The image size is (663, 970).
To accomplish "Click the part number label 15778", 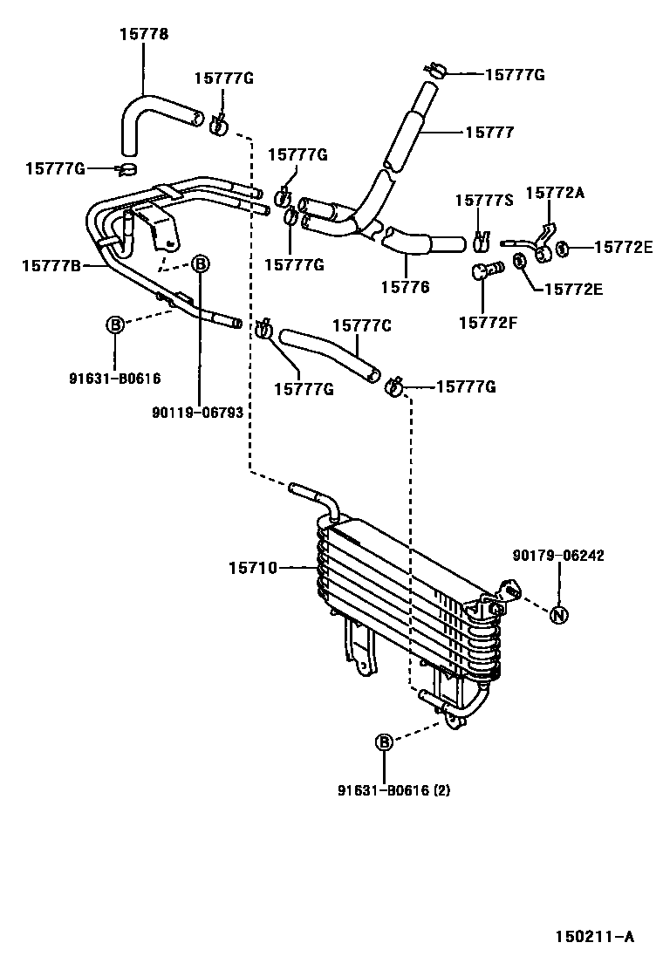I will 144,34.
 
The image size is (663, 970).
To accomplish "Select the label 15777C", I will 361,325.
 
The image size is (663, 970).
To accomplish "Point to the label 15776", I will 405,285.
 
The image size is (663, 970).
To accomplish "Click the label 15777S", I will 483,201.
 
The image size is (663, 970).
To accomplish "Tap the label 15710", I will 253,568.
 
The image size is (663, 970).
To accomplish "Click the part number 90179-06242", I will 558,556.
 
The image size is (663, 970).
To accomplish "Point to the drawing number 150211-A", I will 595,938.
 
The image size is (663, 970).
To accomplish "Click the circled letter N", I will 559,615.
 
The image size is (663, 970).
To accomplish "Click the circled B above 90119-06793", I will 200,263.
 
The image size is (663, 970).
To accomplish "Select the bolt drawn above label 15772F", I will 485,271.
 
